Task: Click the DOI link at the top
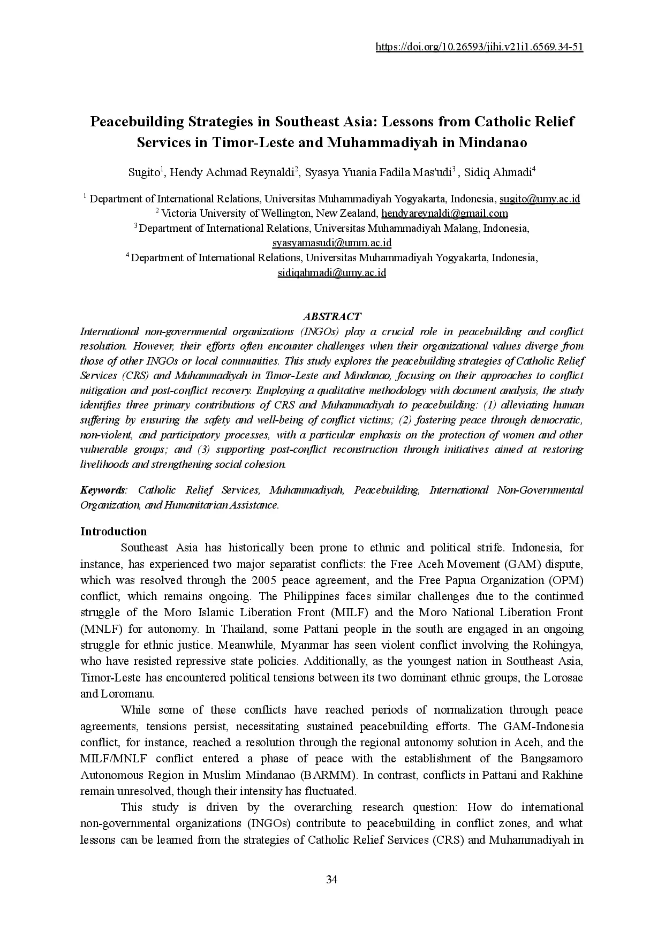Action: pos(479,47)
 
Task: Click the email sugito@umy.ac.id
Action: pos(540,199)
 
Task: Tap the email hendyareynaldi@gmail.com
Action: pos(444,214)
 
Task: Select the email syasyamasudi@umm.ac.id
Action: pos(332,243)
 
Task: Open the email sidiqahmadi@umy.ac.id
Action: pos(332,272)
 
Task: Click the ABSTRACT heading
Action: pos(332,316)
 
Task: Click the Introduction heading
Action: pos(114,532)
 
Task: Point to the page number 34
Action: pos(332,880)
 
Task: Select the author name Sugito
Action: pos(144,172)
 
